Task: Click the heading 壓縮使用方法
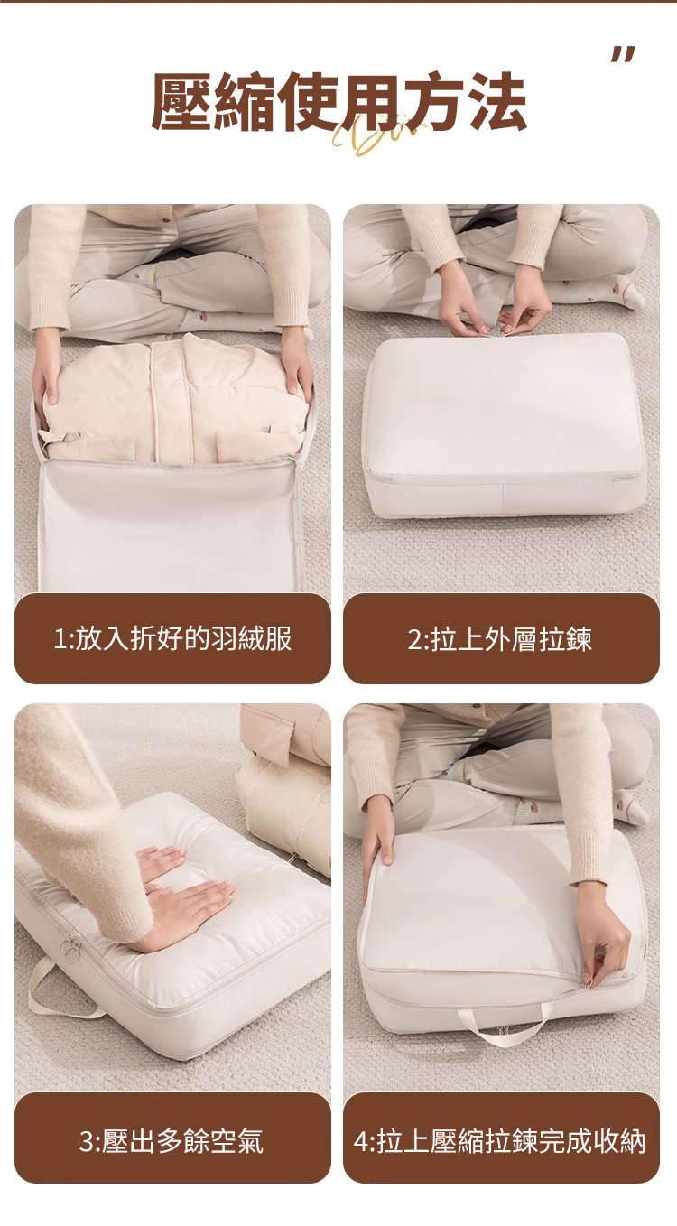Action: pos(338,101)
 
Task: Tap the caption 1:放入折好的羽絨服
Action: pos(172,639)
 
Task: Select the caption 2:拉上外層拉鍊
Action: pos(501,639)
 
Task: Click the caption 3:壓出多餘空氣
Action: pos(172,1139)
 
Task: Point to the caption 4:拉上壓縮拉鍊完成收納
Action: pos(501,1139)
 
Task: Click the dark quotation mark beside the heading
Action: pos(623,55)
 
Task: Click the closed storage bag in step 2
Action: pos(504,424)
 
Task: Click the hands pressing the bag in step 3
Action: pos(181,894)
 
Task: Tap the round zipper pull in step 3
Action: pos(70,945)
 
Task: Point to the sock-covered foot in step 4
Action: pos(629,806)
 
